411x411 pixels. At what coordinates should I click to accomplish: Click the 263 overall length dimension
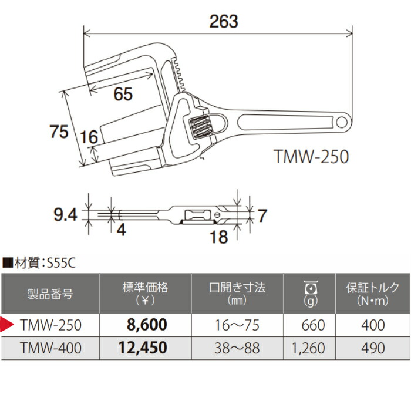pyautogui.click(x=224, y=22)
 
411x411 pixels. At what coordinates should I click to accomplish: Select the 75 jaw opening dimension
pyautogui.click(x=59, y=132)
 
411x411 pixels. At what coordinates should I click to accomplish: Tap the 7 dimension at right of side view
pyautogui.click(x=262, y=215)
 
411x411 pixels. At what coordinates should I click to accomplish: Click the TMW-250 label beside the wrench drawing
pyautogui.click(x=311, y=157)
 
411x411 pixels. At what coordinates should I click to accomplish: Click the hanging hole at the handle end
pyautogui.click(x=342, y=122)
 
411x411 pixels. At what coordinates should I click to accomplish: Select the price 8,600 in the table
pyautogui.click(x=147, y=324)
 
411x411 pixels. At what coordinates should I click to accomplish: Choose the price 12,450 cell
pyautogui.click(x=143, y=348)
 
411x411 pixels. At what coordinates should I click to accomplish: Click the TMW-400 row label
pyautogui.click(x=50, y=348)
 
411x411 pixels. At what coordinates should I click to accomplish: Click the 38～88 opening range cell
pyautogui.click(x=237, y=348)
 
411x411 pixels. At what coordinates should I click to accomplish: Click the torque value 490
pyautogui.click(x=372, y=348)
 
